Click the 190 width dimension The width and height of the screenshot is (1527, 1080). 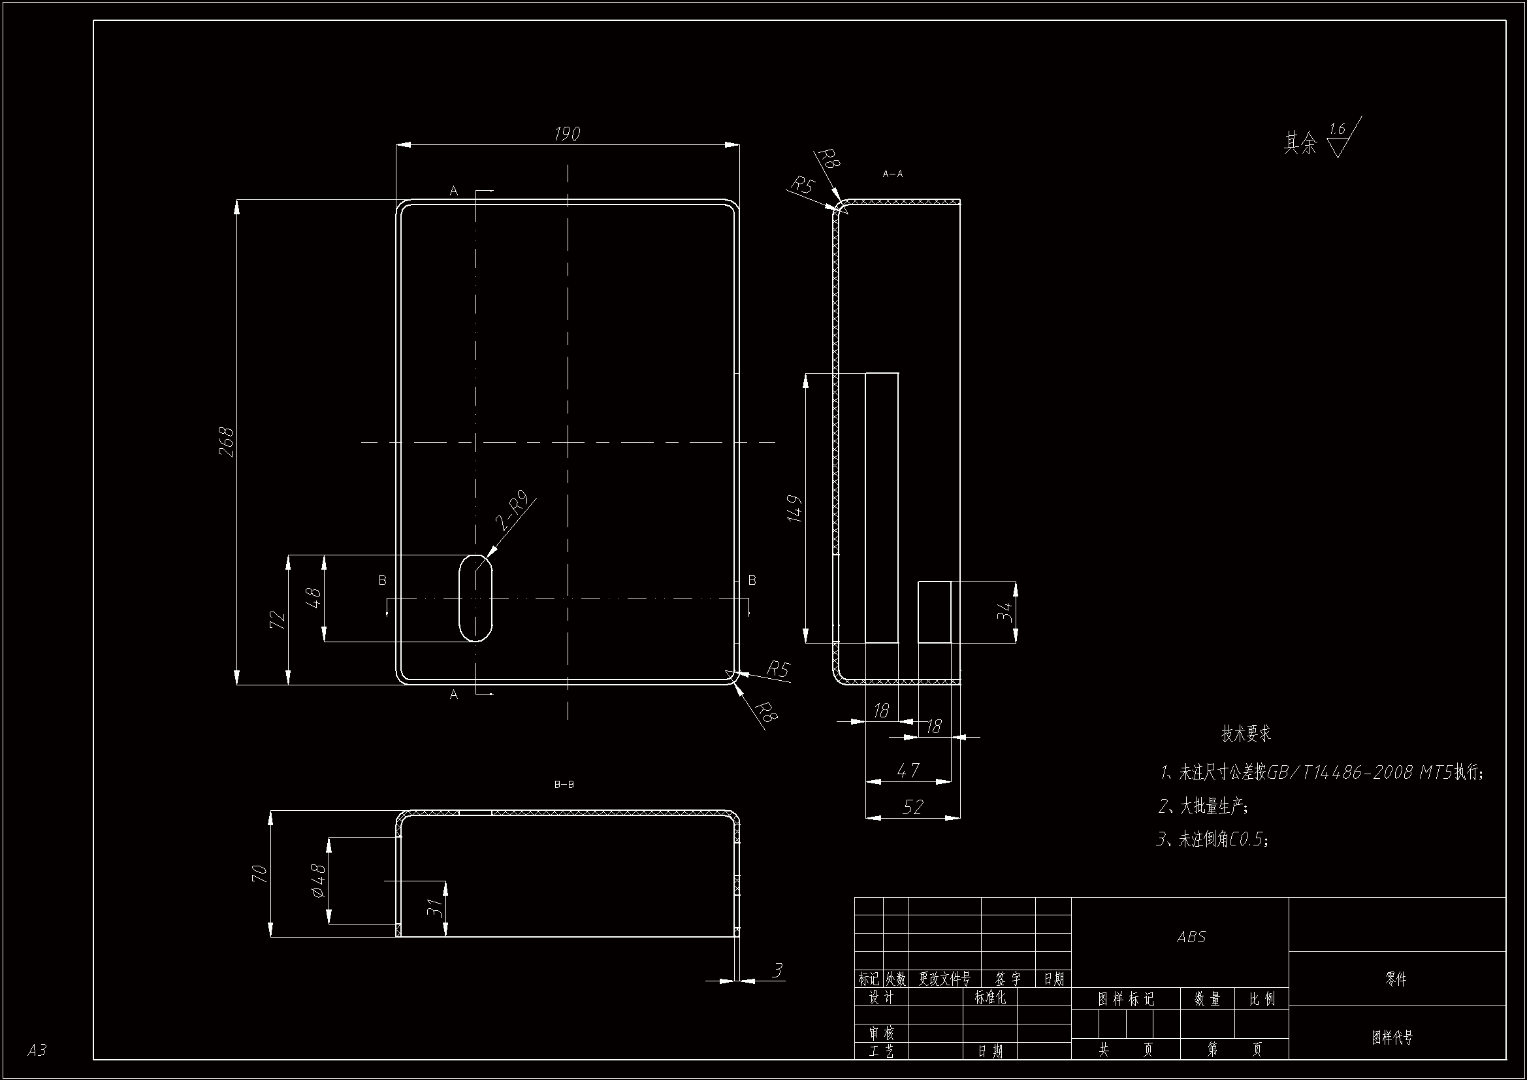[x=567, y=134]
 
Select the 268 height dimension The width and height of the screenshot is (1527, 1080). [x=227, y=442]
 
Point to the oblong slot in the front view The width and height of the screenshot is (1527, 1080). [x=475, y=598]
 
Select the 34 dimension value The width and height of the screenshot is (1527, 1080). [x=1005, y=612]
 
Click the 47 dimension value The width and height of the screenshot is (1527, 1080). [x=908, y=770]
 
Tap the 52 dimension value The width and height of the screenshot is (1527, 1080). [x=912, y=807]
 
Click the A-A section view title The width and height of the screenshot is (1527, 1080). [x=893, y=174]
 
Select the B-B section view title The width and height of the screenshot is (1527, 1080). [x=564, y=785]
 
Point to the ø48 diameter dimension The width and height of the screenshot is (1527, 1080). [x=319, y=879]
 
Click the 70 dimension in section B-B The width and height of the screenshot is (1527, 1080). [x=259, y=874]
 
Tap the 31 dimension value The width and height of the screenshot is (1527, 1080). [x=434, y=908]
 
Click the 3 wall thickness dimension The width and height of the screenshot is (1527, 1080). [x=777, y=970]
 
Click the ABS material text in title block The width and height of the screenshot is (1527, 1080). [x=1191, y=937]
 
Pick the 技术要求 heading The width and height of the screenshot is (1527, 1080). [x=1246, y=734]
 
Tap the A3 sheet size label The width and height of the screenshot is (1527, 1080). [x=37, y=1050]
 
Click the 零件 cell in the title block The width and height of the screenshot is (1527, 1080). [x=1396, y=979]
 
